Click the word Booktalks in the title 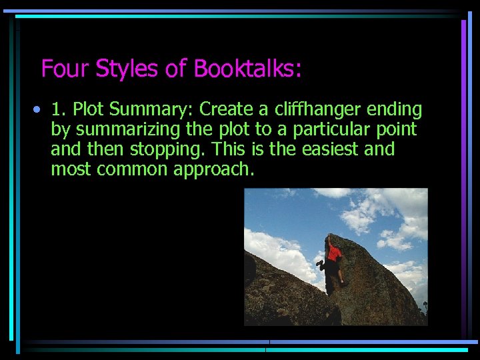247,69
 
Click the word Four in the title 66,69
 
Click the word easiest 327,149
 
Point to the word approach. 214,169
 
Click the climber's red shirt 334,253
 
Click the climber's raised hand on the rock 327,238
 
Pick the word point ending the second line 397,129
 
